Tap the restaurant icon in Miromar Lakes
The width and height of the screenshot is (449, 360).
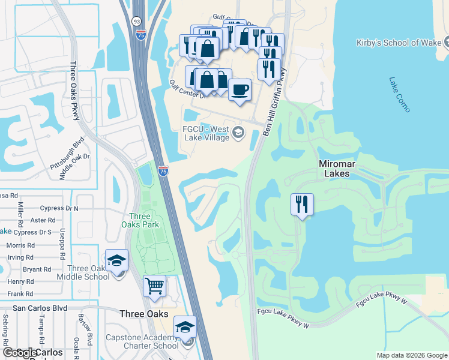pos(302,205)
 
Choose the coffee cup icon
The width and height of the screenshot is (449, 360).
pos(240,90)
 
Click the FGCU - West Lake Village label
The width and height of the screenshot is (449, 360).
pos(206,133)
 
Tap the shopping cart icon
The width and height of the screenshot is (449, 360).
pos(154,286)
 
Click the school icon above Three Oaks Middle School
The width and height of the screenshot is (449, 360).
pos(116,260)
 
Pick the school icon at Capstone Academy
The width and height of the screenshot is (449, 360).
pos(185,327)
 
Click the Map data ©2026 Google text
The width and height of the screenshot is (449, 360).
pos(411,355)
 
